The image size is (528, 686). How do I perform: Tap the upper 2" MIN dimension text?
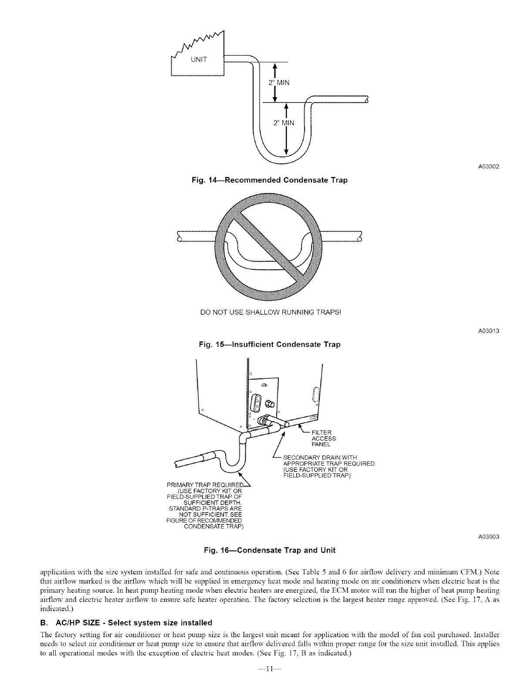coord(278,82)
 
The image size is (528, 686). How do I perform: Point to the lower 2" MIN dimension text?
coord(284,123)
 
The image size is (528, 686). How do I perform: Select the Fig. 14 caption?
coord(269,180)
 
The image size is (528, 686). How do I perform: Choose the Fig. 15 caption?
coord(269,345)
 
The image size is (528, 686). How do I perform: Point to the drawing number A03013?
coord(488,331)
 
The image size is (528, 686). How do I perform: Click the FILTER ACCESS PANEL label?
coord(322,438)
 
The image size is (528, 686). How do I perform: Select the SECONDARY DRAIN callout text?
coord(328,466)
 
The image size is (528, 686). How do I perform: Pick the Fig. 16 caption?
coord(270,550)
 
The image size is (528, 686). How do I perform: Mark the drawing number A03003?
coord(488,537)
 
